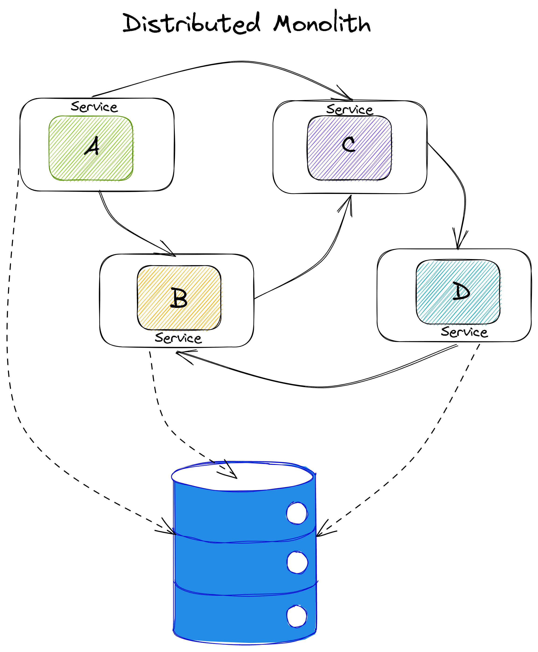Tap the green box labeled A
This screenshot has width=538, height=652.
(91, 148)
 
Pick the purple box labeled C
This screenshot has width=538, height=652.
(349, 148)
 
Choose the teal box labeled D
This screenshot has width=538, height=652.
(458, 292)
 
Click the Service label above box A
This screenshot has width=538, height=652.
(94, 107)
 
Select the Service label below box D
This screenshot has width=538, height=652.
(464, 332)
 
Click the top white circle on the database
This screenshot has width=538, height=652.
(297, 513)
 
